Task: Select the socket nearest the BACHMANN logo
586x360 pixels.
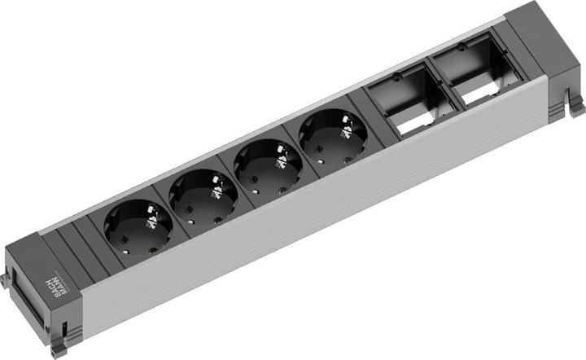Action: point(138,227)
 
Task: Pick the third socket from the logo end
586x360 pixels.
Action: point(268,166)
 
